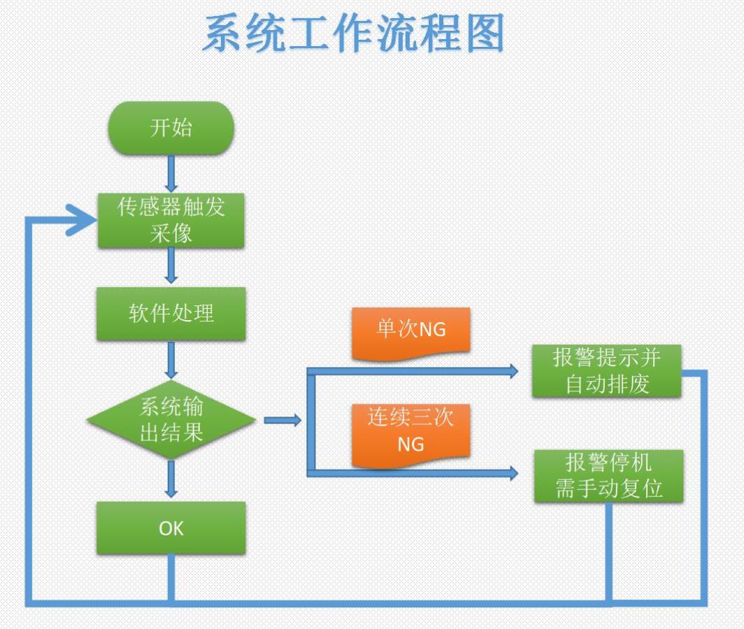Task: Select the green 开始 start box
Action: [171, 128]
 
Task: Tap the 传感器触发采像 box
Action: [171, 220]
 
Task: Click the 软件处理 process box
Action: [171, 313]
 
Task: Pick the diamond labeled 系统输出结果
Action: [171, 419]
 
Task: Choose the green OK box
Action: [171, 528]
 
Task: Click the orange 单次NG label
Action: [410, 330]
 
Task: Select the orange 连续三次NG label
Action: [410, 432]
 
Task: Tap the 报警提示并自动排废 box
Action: [606, 371]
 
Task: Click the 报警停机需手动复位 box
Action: [608, 476]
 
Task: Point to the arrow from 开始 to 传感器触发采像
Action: [171, 173]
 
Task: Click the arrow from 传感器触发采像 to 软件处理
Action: [171, 266]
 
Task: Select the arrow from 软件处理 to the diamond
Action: [171, 361]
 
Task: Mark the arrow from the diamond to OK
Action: [171, 479]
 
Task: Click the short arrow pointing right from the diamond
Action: [282, 420]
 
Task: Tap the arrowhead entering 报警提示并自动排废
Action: [513, 371]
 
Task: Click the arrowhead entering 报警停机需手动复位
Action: [513, 473]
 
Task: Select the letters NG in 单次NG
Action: [432, 330]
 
